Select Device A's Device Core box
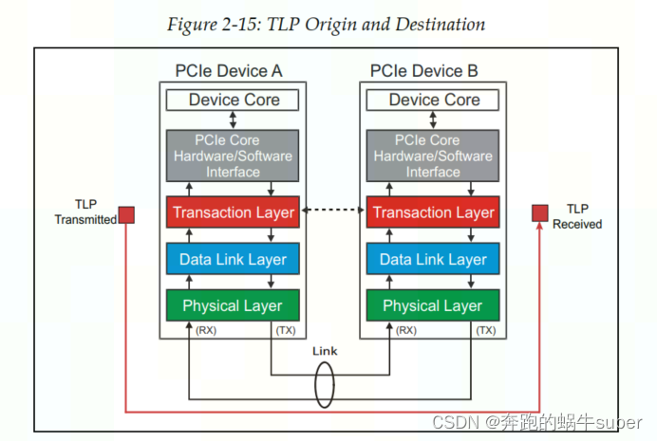click(234, 100)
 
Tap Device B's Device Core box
click(434, 100)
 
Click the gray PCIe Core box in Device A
click(234, 156)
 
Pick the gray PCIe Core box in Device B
click(434, 156)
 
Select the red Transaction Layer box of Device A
click(234, 212)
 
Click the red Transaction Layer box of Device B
click(434, 212)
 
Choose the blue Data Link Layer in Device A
click(234, 259)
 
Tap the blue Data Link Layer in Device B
click(434, 259)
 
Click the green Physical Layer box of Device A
click(234, 305)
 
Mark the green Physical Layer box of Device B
click(434, 305)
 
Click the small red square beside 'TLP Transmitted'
click(126, 215)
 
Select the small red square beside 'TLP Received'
click(539, 212)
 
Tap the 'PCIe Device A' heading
click(229, 71)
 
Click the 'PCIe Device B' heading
click(424, 71)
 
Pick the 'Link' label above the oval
click(325, 351)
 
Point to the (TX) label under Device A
click(284, 330)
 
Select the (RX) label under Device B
click(405, 330)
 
